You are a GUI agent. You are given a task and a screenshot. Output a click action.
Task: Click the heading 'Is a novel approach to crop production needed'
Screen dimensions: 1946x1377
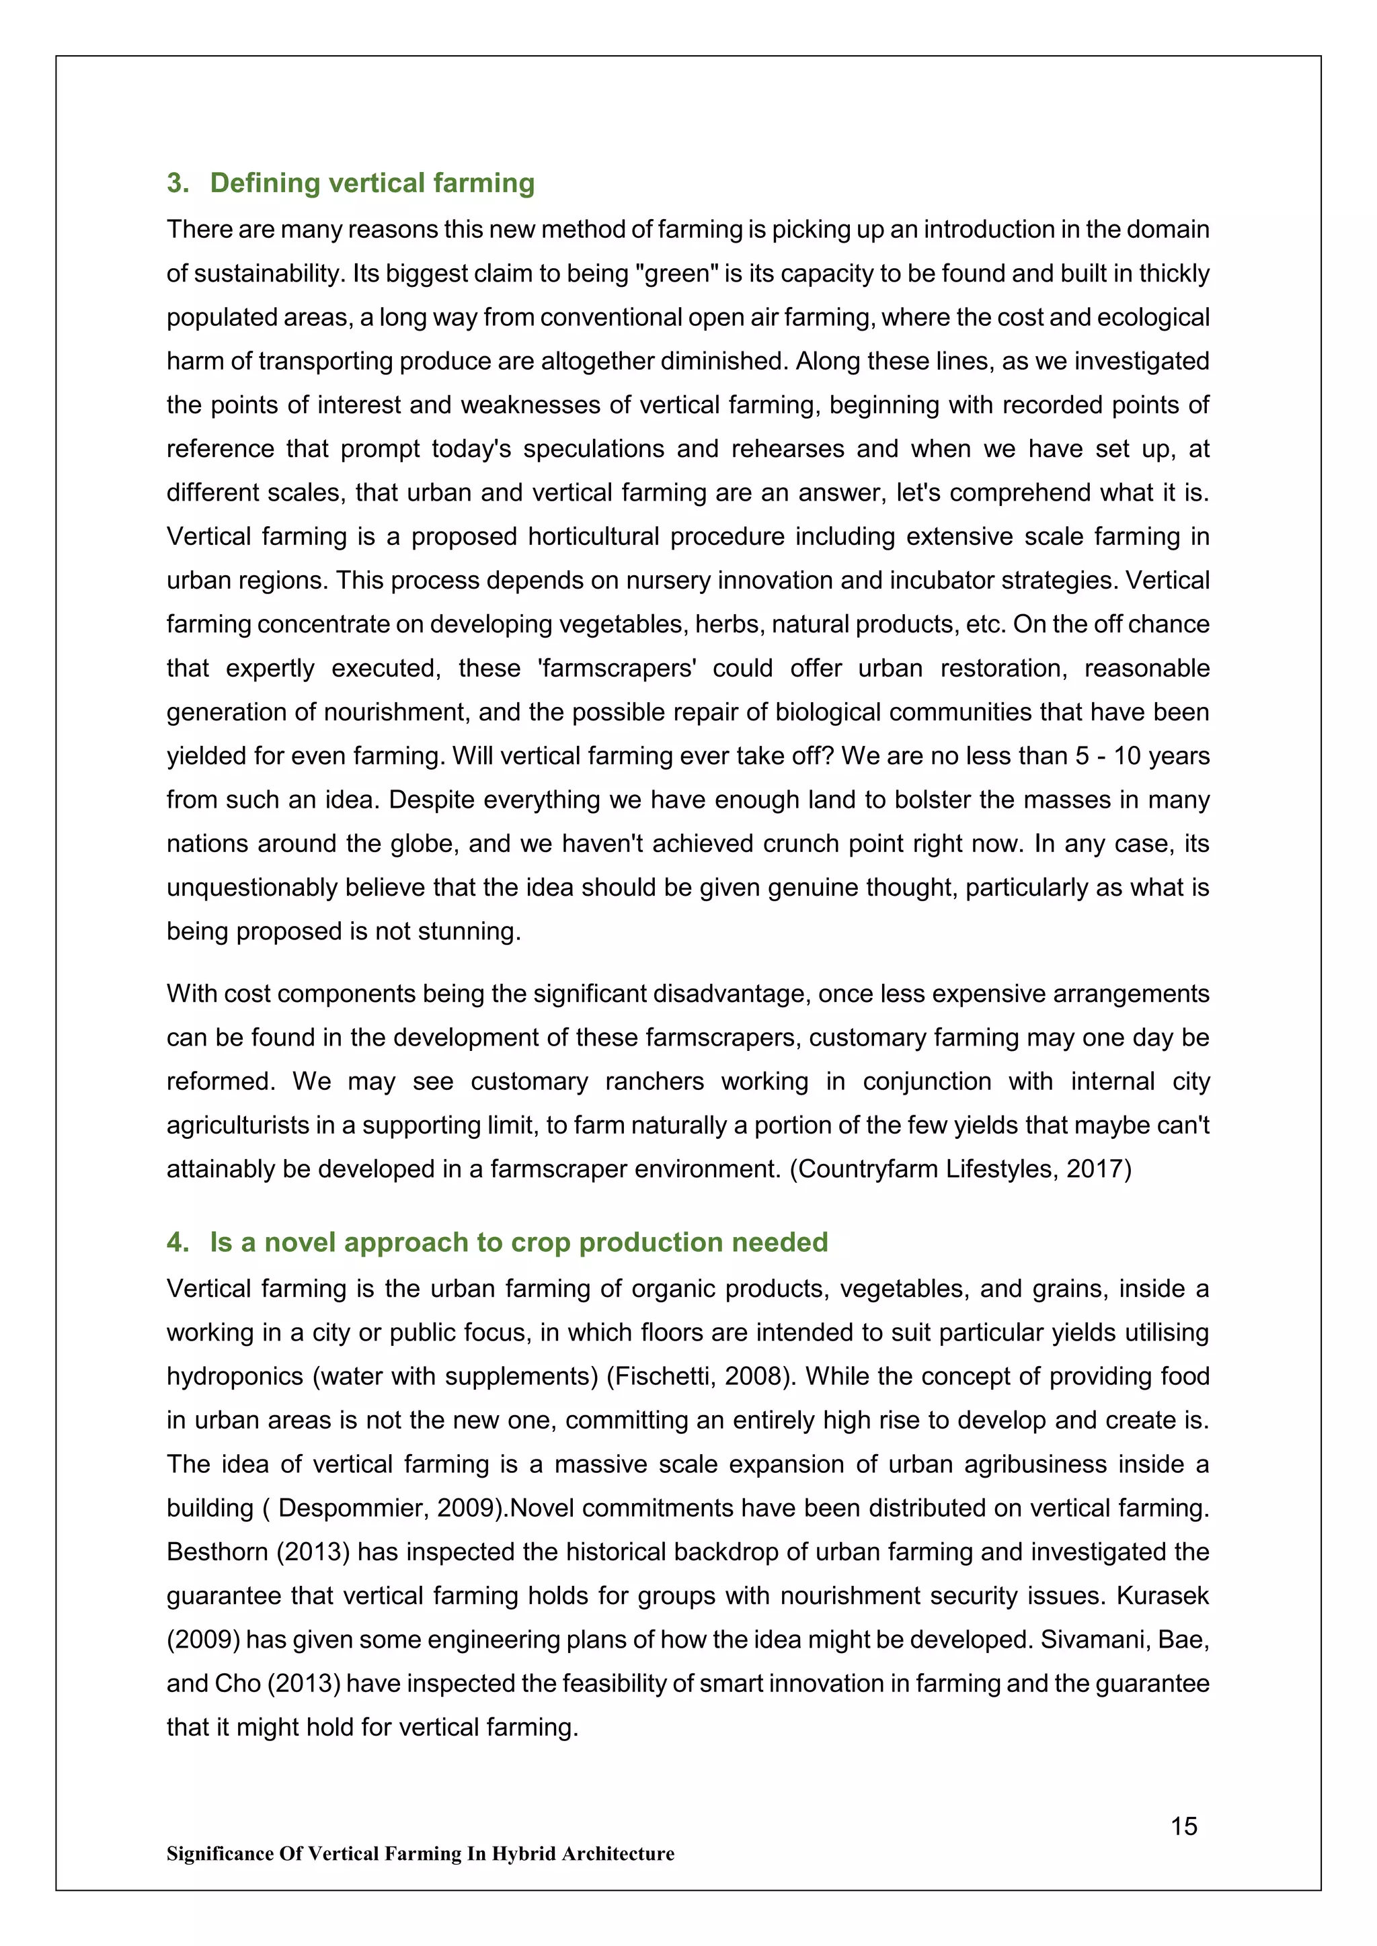(x=518, y=1242)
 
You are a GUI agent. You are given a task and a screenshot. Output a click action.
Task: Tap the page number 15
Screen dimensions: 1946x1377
(x=1183, y=1826)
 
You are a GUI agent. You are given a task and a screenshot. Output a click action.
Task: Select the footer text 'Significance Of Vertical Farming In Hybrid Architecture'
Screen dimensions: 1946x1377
(x=420, y=1854)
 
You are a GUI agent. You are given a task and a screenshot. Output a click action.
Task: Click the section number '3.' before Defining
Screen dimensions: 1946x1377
(x=178, y=183)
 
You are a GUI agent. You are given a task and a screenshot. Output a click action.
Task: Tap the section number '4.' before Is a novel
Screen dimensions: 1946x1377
(x=178, y=1242)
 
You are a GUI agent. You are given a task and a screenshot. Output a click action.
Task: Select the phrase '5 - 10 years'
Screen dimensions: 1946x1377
(x=1141, y=756)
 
